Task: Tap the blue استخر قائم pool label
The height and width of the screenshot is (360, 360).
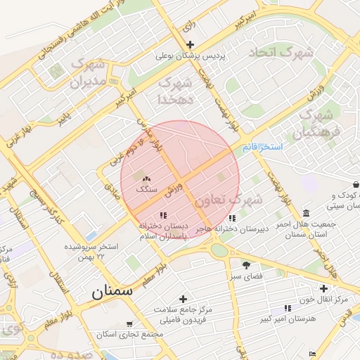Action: click(262, 147)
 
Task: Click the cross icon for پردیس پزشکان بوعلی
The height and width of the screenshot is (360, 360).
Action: click(189, 44)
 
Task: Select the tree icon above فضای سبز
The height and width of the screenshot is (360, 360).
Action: click(246, 265)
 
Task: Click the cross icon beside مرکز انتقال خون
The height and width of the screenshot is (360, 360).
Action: click(323, 288)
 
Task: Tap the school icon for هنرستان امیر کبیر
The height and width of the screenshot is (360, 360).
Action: click(287, 308)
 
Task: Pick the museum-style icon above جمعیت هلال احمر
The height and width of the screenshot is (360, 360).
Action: click(306, 213)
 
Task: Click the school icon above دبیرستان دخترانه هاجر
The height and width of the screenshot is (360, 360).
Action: click(232, 218)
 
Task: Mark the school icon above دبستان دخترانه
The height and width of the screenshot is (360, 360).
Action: click(163, 215)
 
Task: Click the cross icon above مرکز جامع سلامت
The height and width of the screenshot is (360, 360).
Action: click(183, 299)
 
